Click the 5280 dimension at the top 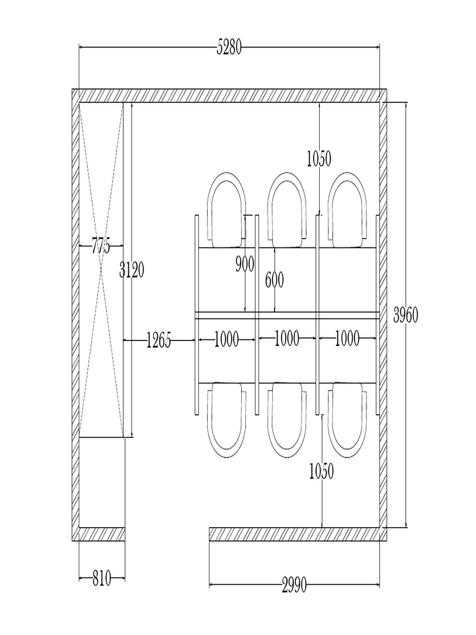[x=229, y=47]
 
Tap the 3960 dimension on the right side [x=405, y=315]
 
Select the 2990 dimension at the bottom [x=294, y=585]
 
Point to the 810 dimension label [x=102, y=579]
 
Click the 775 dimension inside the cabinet [x=101, y=246]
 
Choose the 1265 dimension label [x=159, y=340]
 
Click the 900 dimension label [x=245, y=264]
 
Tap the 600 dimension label [x=275, y=280]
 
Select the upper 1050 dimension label [x=319, y=158]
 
